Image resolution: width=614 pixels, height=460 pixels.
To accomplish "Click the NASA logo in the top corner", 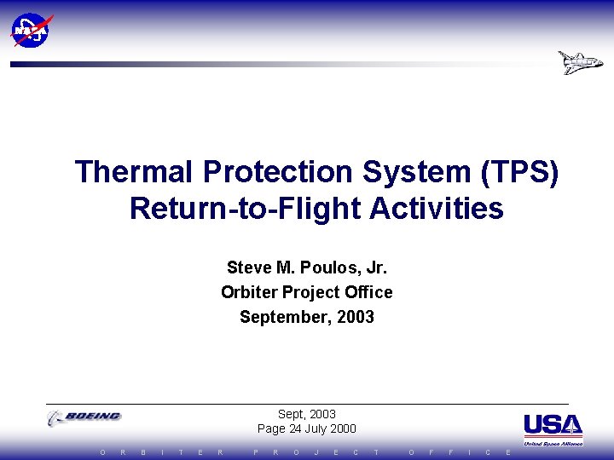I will click(x=31, y=30).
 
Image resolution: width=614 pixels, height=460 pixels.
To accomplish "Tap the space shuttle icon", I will click(x=580, y=63).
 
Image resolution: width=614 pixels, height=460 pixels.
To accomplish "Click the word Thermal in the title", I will click(x=135, y=171).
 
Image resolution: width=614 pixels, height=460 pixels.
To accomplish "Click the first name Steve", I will click(x=248, y=267).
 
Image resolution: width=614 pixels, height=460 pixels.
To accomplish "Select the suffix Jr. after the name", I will click(x=374, y=267).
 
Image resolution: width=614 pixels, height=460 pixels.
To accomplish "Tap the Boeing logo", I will click(x=84, y=417).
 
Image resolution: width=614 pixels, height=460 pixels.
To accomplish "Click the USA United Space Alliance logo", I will click(x=553, y=429).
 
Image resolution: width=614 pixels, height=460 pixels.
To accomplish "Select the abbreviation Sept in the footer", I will click(x=293, y=414).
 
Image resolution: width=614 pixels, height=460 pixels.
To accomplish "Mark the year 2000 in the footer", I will click(x=345, y=428).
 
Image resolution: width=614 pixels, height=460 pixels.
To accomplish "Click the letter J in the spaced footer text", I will click(x=316, y=452).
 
